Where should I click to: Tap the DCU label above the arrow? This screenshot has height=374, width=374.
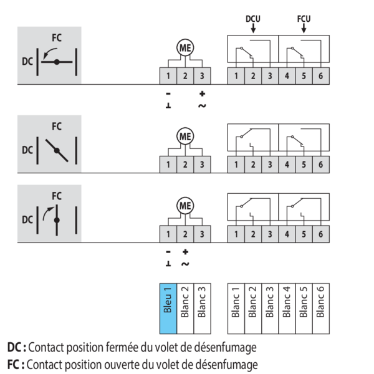(252, 19)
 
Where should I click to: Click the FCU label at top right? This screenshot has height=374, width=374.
(304, 19)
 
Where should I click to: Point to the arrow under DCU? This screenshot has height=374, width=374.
(252, 29)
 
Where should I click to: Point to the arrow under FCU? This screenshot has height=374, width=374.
(304, 29)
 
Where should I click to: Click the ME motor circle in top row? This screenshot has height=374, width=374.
(185, 47)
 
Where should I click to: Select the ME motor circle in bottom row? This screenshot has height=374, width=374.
(185, 205)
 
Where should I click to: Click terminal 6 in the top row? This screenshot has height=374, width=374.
(320, 76)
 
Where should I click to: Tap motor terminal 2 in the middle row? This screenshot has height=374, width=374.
(185, 165)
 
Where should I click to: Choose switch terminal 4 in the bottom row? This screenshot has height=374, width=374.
(287, 234)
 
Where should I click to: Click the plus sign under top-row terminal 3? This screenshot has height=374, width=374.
(202, 94)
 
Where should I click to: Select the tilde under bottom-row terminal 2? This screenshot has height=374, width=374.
(185, 264)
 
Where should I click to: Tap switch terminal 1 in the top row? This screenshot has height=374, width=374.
(236, 76)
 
